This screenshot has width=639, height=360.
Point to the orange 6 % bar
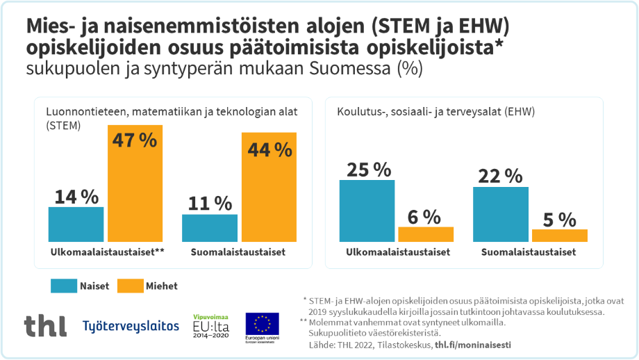(426, 234)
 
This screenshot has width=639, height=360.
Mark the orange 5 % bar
(559, 236)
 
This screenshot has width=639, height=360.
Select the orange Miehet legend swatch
(128, 285)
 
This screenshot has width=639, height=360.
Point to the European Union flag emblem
(262, 323)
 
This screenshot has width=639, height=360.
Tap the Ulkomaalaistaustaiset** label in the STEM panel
(107, 252)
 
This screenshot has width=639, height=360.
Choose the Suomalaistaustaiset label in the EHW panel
(529, 252)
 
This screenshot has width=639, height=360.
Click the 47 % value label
(134, 139)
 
